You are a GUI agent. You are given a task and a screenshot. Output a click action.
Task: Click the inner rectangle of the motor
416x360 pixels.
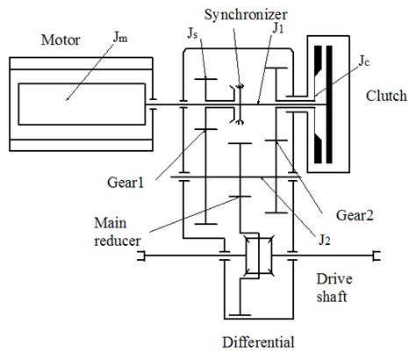79,106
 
